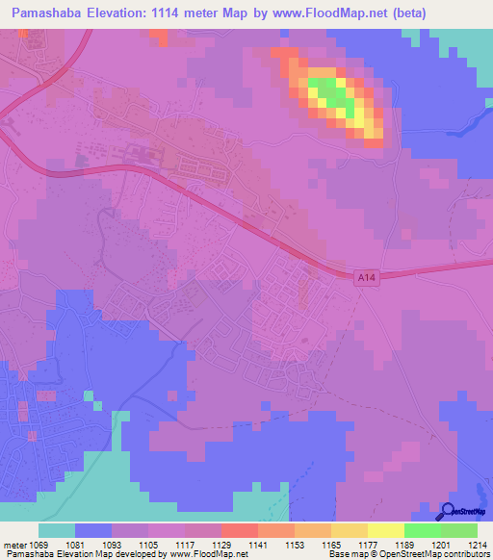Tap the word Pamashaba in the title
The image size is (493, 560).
50,13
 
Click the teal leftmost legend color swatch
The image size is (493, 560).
57,530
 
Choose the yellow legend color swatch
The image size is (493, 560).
385,530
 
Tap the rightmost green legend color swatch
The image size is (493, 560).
458,530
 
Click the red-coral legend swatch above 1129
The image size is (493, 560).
239,530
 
